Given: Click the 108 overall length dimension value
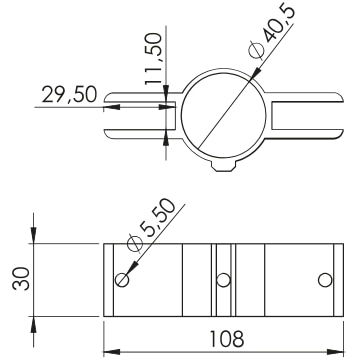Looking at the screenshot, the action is tap(227, 339).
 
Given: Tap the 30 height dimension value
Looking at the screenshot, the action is tap(21, 278).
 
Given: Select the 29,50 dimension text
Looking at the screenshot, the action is tap(69, 94).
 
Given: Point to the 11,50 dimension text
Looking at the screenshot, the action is tap(154, 59).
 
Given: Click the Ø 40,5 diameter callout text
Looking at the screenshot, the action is tap(272, 32).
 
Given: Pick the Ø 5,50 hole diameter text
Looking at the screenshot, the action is tap(152, 224).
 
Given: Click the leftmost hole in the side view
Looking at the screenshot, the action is tap(122, 280).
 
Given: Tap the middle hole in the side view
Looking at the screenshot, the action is tap(223, 280).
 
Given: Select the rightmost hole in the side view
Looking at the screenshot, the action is tap(325, 280).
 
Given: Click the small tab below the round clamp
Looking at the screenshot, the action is tap(224, 166).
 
